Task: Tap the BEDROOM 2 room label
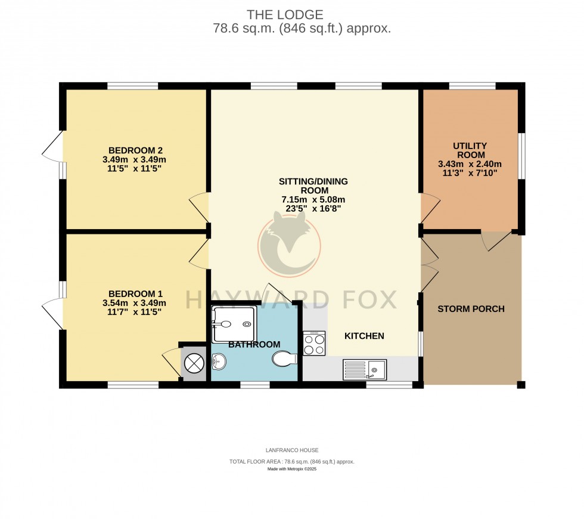click(x=136, y=150)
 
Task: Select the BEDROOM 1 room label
click(x=136, y=294)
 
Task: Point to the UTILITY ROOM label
click(x=470, y=150)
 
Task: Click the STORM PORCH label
click(x=471, y=309)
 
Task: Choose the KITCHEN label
click(x=364, y=336)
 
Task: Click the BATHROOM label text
click(x=254, y=345)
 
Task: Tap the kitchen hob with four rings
click(x=314, y=343)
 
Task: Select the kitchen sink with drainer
click(x=364, y=370)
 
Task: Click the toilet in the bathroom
click(x=284, y=360)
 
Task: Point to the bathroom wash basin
click(x=219, y=360)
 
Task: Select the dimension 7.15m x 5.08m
click(x=313, y=200)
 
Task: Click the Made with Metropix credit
click(x=292, y=469)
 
